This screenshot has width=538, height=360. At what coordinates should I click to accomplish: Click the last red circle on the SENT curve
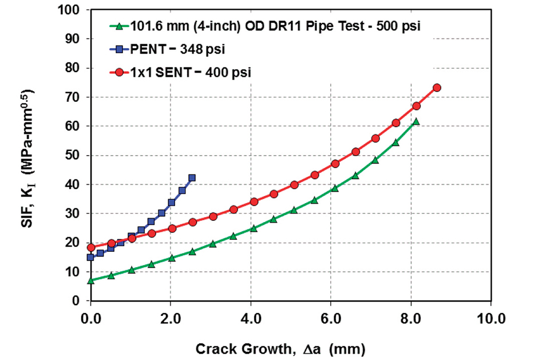437,88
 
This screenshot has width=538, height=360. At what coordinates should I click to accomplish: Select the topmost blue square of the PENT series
192,177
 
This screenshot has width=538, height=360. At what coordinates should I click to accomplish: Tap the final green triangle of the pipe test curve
416,121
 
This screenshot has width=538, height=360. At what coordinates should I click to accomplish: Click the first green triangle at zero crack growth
90,280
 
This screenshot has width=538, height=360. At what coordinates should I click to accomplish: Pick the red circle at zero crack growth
90,248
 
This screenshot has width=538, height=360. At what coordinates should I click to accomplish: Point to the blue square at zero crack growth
90,258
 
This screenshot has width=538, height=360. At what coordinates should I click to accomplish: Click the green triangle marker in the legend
119,26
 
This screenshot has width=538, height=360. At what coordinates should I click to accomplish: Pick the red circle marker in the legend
119,72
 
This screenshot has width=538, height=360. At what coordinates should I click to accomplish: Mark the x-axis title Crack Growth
280,348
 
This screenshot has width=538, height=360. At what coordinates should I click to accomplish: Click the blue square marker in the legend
119,49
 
